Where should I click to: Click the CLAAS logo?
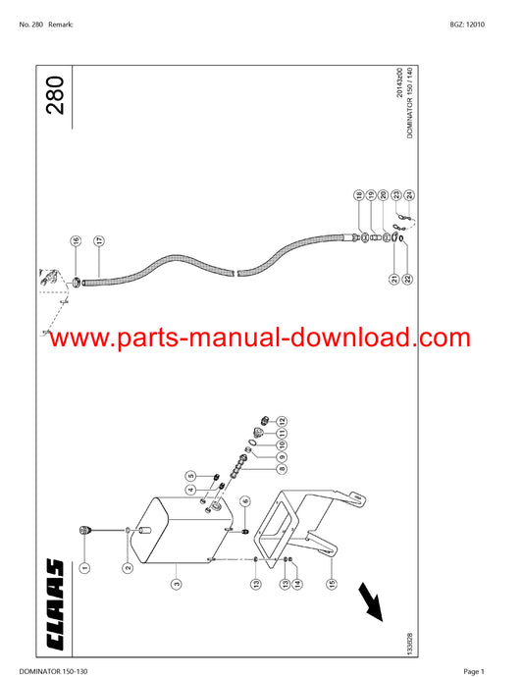pos(55,604)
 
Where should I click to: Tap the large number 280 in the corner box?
pos(55,95)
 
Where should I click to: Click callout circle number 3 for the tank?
pos(177,584)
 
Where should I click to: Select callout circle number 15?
pos(332,584)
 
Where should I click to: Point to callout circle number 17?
pos(99,241)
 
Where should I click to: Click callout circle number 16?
pos(76,241)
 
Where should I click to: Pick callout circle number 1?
pos(85,567)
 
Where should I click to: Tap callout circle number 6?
pos(245,501)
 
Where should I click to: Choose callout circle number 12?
pos(282,421)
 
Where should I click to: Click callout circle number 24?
pos(409,195)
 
